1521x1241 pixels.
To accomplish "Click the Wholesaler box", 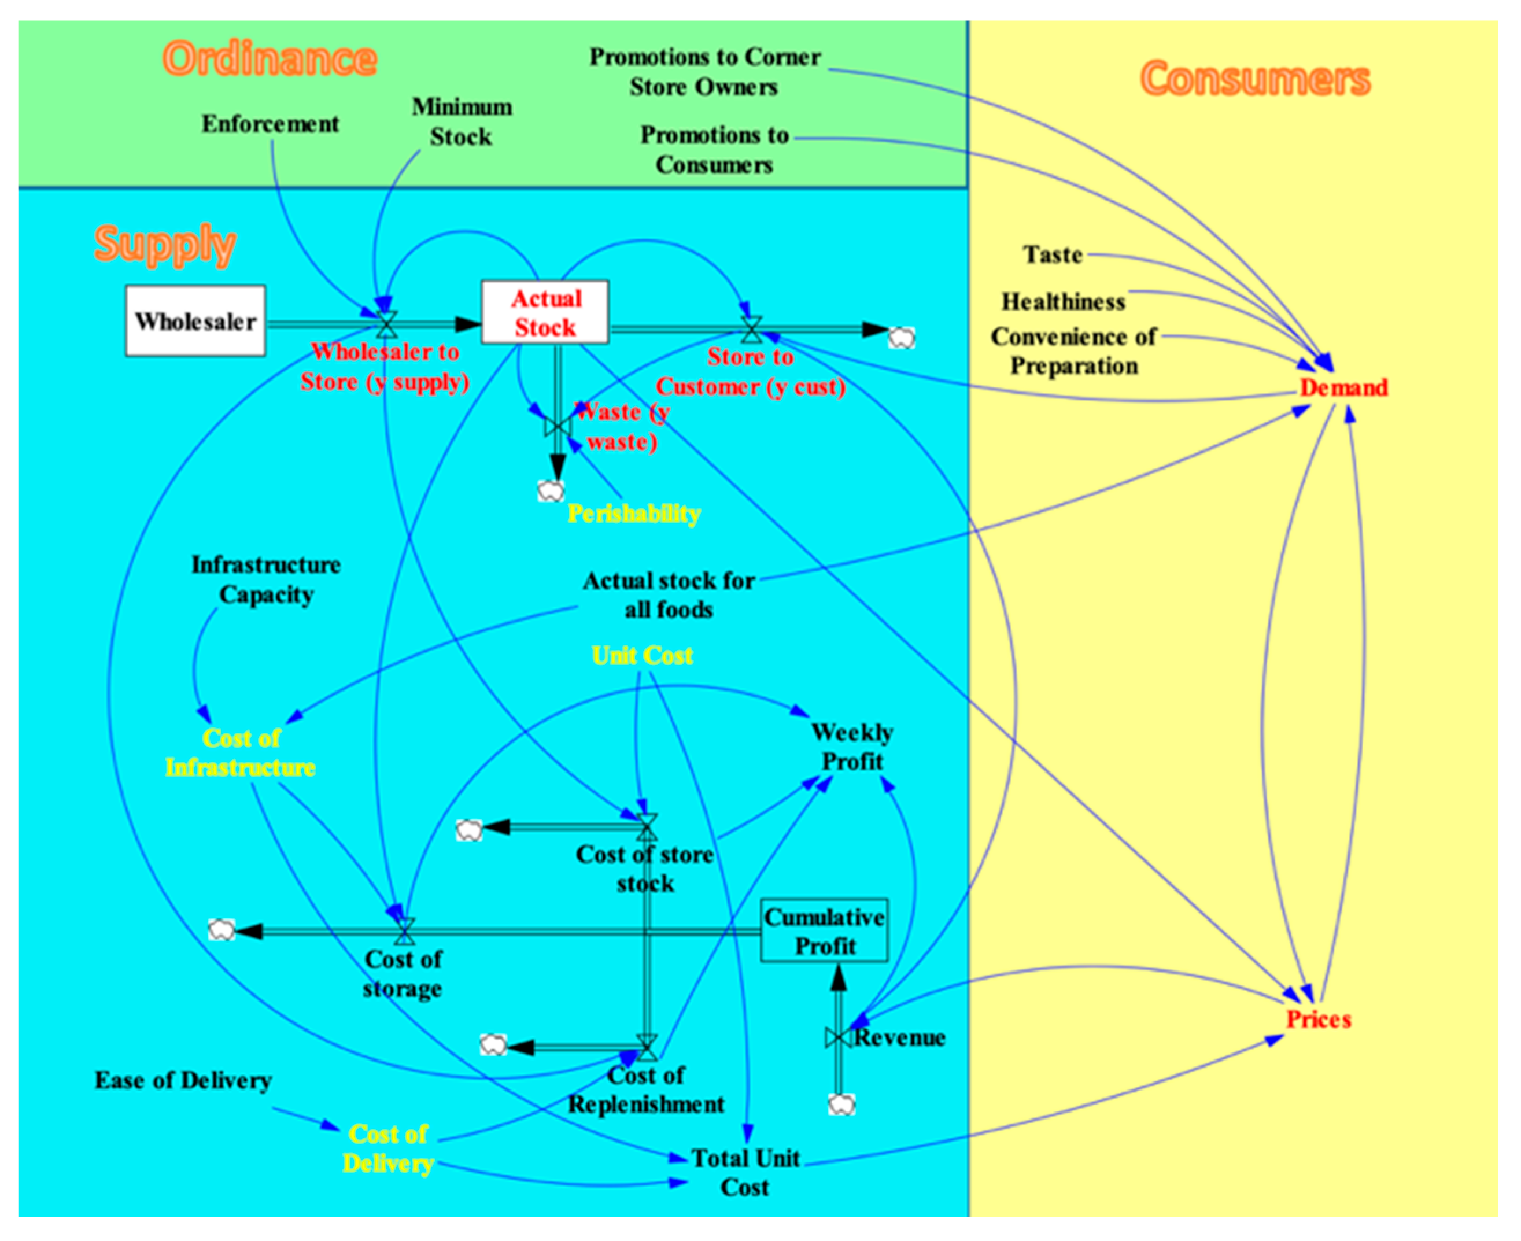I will (x=195, y=321).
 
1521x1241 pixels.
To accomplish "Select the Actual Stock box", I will (x=545, y=312).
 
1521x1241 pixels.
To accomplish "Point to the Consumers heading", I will (x=1255, y=78).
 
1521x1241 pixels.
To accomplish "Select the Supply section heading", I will (x=164, y=244).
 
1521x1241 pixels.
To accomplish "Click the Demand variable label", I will (x=1343, y=387).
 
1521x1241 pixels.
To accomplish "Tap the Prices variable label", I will (x=1318, y=1020).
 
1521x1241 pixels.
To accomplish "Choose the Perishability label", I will (x=634, y=514).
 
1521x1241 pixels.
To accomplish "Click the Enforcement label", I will (x=270, y=124).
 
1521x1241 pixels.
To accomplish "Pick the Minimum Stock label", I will (x=462, y=121).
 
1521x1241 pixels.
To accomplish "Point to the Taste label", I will (x=1052, y=254).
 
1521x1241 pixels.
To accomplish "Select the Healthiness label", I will (x=1063, y=302).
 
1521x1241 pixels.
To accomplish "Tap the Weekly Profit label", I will (x=852, y=747).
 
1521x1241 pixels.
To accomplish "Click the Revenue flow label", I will (x=899, y=1037).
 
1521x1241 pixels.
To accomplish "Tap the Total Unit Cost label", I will (x=745, y=1172).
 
